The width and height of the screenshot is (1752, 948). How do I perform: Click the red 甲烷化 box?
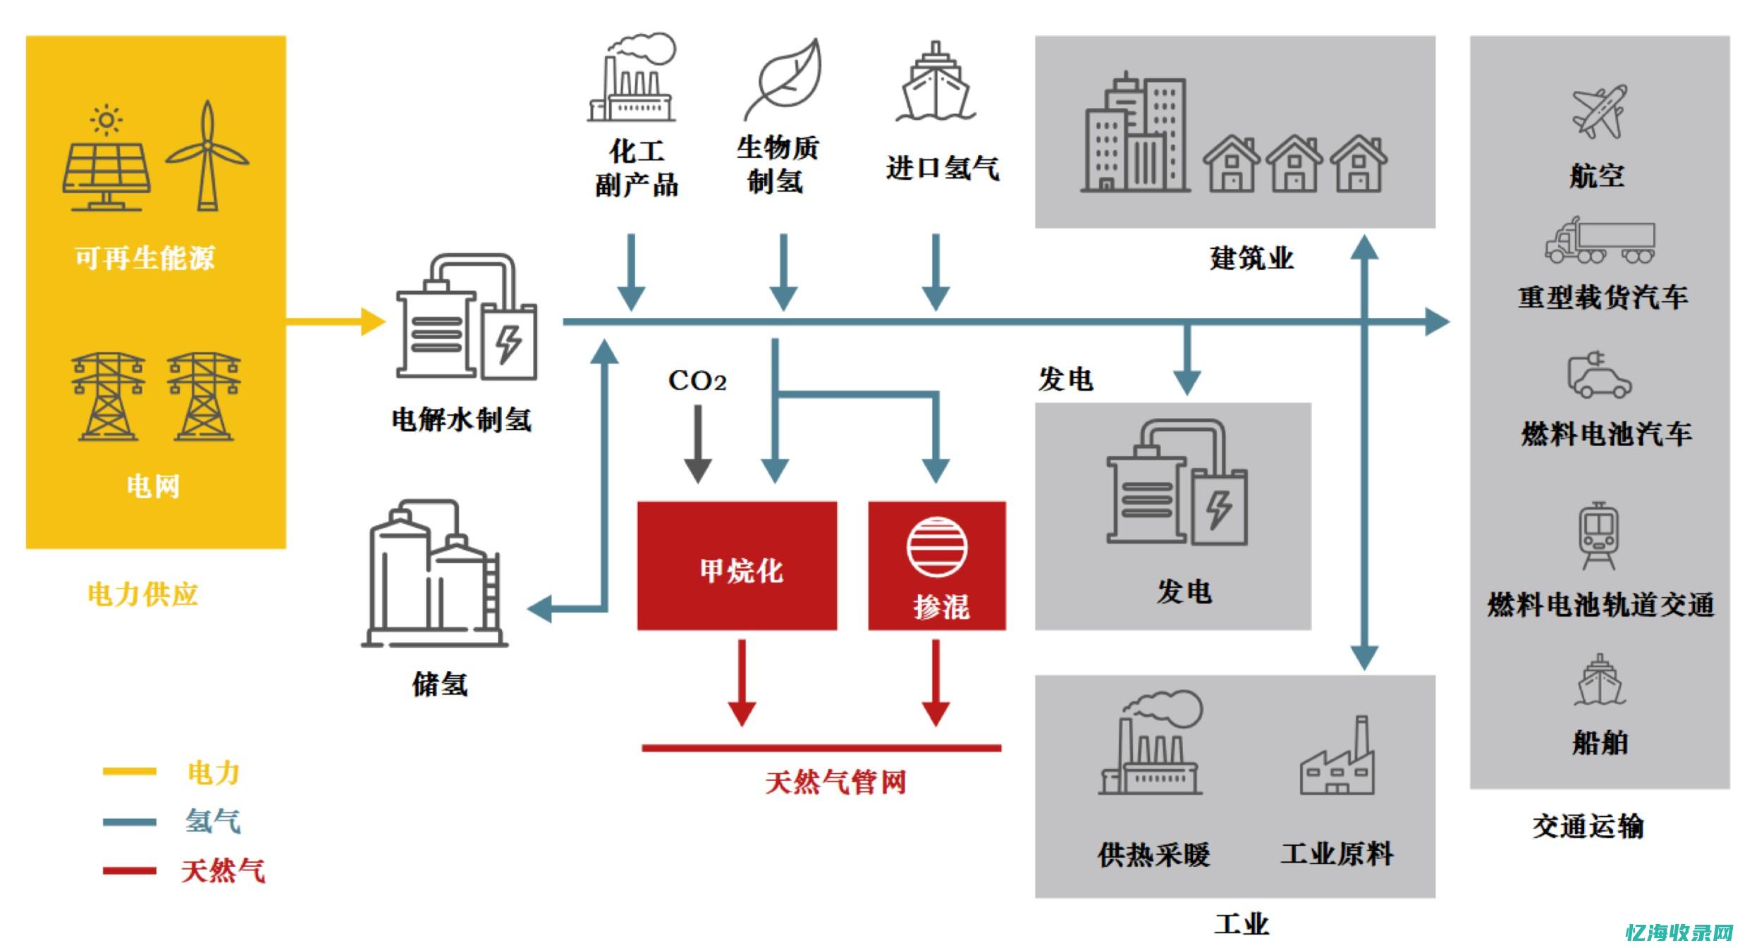click(x=737, y=565)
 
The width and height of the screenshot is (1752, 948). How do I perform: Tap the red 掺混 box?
click(x=936, y=565)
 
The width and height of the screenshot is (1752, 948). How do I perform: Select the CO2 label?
click(x=697, y=381)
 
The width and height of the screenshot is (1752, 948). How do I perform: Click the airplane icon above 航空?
click(x=1598, y=112)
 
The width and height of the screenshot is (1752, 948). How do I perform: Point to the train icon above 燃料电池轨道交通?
click(x=1598, y=536)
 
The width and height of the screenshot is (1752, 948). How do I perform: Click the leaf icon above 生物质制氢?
click(x=784, y=79)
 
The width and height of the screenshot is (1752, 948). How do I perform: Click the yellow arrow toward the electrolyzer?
click(x=335, y=322)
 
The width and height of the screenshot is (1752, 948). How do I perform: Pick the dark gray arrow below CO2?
click(x=697, y=444)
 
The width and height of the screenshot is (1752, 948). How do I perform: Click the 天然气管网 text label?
click(x=835, y=782)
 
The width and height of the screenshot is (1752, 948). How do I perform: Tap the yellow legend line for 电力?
click(x=129, y=771)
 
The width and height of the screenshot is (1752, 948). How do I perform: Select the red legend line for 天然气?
click(x=129, y=870)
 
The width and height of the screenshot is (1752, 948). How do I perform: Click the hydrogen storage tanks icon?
click(x=434, y=574)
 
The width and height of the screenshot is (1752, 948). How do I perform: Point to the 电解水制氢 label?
click(x=461, y=420)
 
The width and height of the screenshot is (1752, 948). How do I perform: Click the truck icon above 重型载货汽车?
click(x=1599, y=241)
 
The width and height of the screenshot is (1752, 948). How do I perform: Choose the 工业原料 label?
click(x=1337, y=854)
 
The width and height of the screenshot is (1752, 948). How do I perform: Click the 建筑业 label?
click(x=1251, y=258)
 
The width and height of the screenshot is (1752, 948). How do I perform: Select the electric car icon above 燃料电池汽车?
click(x=1598, y=375)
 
